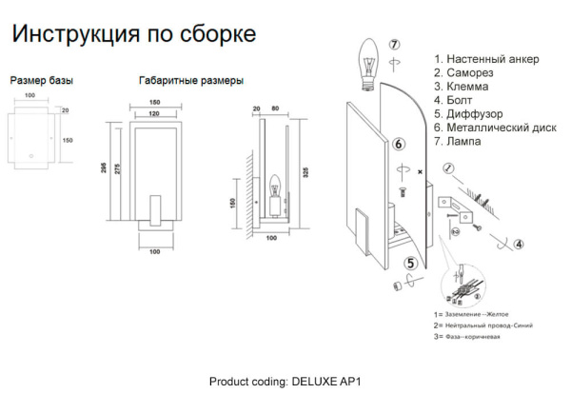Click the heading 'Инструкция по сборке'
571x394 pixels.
[x=132, y=35]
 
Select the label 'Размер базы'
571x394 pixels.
[x=41, y=81]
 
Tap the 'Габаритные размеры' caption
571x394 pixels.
[x=190, y=81]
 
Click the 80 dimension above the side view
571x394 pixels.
[x=276, y=108]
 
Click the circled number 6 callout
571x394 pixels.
[x=400, y=144]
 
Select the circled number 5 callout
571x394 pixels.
[x=411, y=264]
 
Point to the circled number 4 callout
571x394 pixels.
[x=518, y=244]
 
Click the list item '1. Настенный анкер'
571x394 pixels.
[x=485, y=59]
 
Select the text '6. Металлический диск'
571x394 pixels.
[x=494, y=127]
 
